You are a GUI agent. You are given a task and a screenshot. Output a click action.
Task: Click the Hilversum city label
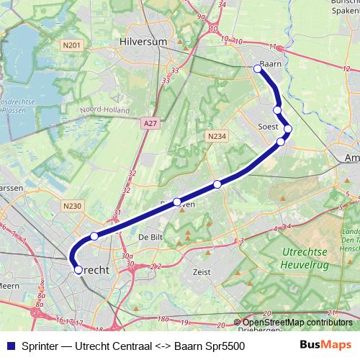[144, 42]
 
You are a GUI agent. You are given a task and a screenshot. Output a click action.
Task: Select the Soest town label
[268, 126]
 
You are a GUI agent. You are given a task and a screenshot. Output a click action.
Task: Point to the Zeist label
[202, 273]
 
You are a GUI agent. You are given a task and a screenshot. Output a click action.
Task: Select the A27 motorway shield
[150, 124]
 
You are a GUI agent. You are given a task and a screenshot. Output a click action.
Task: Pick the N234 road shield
[215, 135]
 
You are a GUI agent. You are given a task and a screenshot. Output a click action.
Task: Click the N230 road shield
[72, 206]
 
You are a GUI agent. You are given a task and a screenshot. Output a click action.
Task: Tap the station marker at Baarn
[258, 69]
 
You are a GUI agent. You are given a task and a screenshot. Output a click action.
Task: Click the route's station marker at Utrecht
[78, 270]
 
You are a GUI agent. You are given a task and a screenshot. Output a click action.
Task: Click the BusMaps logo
[326, 345]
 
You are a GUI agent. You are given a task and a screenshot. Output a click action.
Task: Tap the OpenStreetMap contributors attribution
[297, 323]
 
